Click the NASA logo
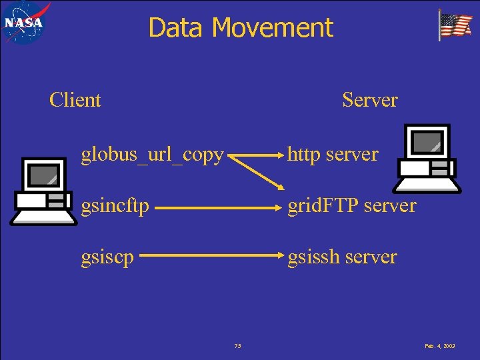point(24,23)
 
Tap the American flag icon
point(455,25)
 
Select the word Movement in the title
point(273,28)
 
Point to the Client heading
point(75,100)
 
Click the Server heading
point(369,100)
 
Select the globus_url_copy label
point(152,155)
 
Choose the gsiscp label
point(106,257)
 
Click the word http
point(304,155)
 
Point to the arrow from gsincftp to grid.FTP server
point(217,207)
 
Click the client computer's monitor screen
point(44,174)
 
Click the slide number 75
point(238,346)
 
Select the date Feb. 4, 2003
point(439,346)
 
